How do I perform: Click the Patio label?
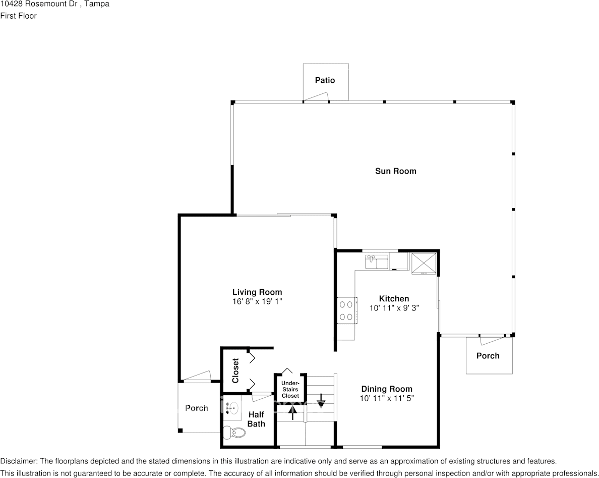pyautogui.click(x=325, y=80)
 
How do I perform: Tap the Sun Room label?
pyautogui.click(x=395, y=171)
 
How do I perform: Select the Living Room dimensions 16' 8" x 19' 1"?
pyautogui.click(x=257, y=301)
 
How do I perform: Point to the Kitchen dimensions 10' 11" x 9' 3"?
pyautogui.click(x=394, y=308)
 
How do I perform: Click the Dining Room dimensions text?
pyautogui.click(x=387, y=398)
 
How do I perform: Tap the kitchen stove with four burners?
pyautogui.click(x=347, y=310)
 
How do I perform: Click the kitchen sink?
pyautogui.click(x=377, y=262)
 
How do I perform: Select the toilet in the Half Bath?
pyautogui.click(x=234, y=433)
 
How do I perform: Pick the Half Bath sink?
pyautogui.click(x=232, y=408)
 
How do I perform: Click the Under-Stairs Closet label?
pyautogui.click(x=290, y=389)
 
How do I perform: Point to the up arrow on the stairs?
pyautogui.click(x=292, y=412)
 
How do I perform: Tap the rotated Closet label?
pyautogui.click(x=235, y=370)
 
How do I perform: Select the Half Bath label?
pyautogui.click(x=256, y=419)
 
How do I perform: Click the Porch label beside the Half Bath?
pyautogui.click(x=197, y=408)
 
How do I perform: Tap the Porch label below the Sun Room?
pyautogui.click(x=488, y=356)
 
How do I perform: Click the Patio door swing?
pyautogui.click(x=317, y=96)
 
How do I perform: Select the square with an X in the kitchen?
pyautogui.click(x=423, y=262)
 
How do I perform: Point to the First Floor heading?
pyautogui.click(x=18, y=16)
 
